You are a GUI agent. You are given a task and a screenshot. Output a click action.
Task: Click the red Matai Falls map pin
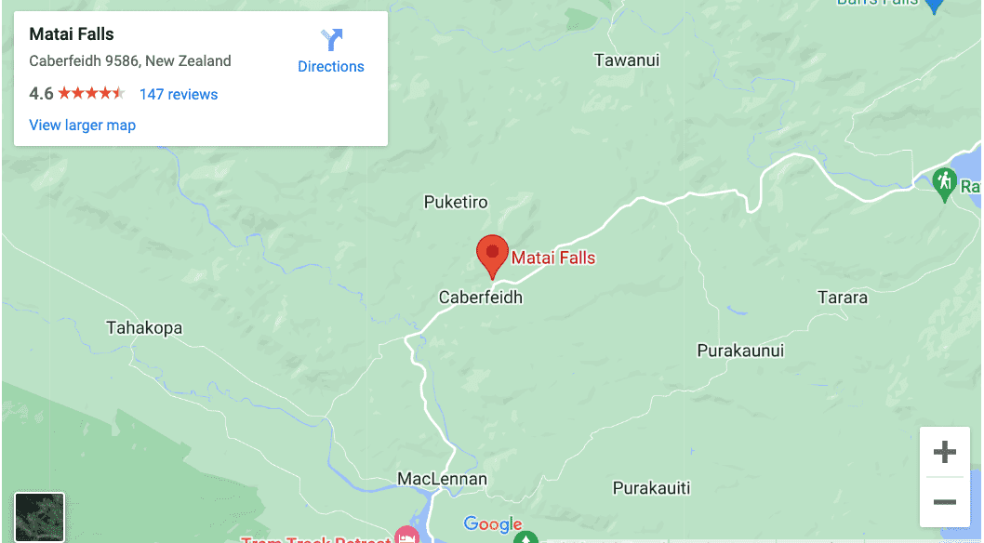(x=492, y=254)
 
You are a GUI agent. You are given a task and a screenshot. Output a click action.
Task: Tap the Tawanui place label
(x=627, y=60)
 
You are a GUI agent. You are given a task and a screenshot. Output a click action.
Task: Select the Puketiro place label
(x=456, y=202)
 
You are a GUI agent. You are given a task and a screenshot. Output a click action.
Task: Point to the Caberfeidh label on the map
(x=481, y=298)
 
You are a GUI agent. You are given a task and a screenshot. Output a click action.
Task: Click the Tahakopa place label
(x=144, y=328)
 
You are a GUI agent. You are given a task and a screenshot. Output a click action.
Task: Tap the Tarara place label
(x=842, y=298)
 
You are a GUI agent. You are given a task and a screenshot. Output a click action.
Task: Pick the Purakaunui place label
(x=740, y=351)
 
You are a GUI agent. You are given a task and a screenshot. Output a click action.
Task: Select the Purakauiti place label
(x=652, y=488)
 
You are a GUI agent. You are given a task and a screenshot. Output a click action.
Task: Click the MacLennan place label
(x=442, y=479)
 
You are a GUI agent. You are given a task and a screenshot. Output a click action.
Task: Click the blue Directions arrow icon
(x=331, y=40)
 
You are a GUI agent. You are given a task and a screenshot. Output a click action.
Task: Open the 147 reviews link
(x=179, y=94)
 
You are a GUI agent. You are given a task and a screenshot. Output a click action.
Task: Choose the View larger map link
(x=83, y=125)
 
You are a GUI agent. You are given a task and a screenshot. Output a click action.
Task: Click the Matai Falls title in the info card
(x=72, y=34)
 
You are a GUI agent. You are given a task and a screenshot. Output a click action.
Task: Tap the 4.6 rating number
(x=41, y=94)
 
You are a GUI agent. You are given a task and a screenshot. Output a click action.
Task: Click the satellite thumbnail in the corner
(x=40, y=517)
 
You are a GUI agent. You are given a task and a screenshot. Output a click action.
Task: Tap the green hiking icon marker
(x=945, y=181)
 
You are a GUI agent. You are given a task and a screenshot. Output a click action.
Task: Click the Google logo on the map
(x=493, y=525)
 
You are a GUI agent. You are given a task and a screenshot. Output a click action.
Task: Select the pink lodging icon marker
(x=406, y=536)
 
